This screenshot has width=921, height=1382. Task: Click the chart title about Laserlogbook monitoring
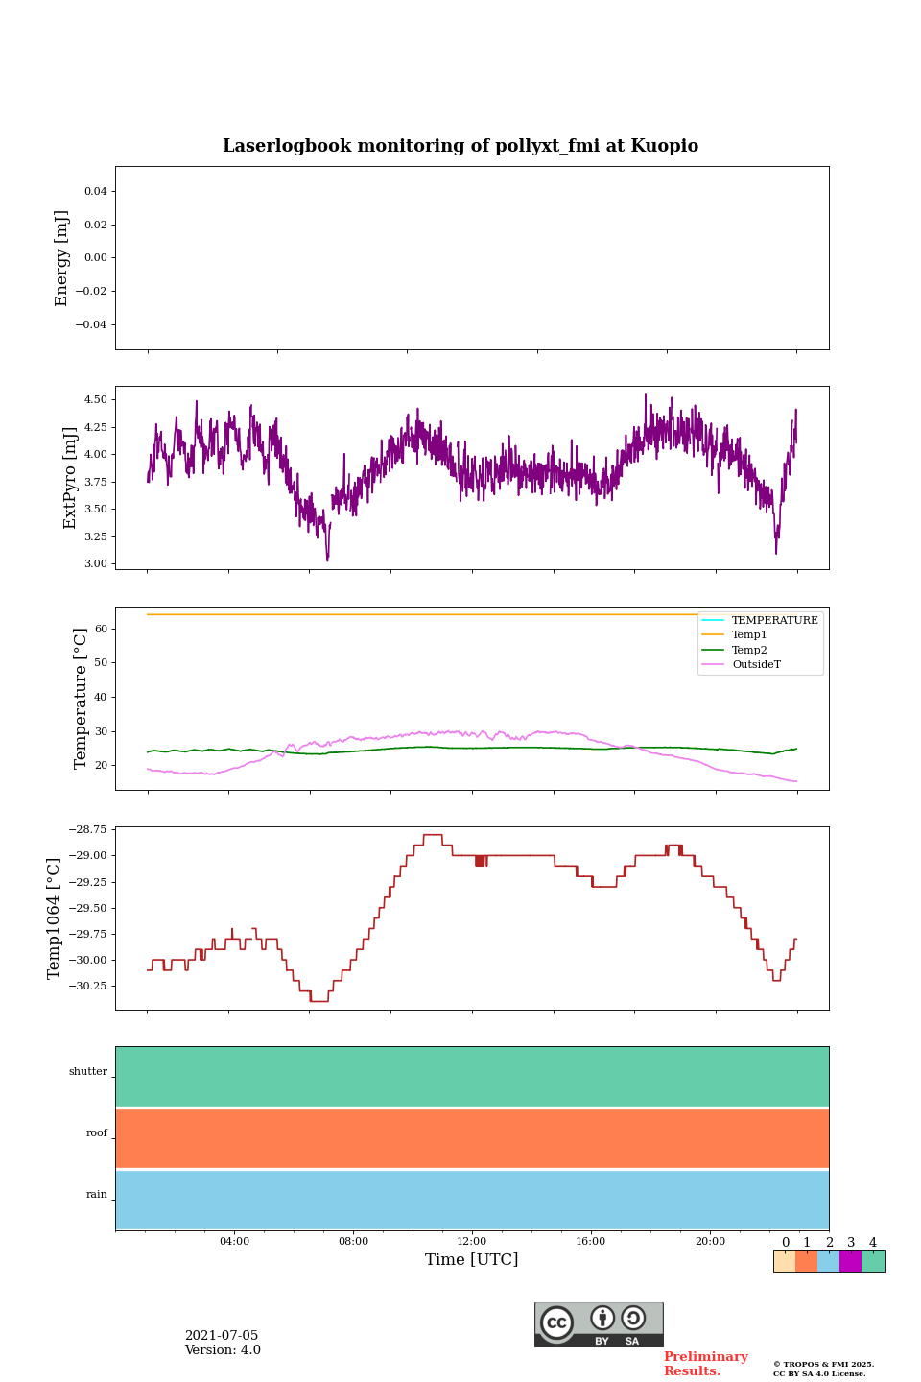point(460,146)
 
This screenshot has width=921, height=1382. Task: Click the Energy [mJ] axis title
point(62,258)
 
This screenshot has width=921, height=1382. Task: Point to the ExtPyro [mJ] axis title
point(70,478)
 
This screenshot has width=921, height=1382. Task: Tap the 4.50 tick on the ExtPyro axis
point(97,399)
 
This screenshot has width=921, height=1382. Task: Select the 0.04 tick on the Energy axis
point(95,192)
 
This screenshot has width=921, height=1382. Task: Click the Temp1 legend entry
point(749,635)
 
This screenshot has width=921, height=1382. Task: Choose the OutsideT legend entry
point(756,665)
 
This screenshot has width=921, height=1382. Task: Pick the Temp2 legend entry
point(749,651)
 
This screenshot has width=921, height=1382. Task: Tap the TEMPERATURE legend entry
point(774,621)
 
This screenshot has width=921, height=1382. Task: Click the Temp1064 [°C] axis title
point(55,918)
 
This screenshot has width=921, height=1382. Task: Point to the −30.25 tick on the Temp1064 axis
point(85,987)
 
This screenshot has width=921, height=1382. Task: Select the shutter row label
point(88,1072)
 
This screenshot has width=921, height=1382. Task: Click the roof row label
point(97,1133)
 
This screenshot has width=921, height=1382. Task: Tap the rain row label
point(97,1195)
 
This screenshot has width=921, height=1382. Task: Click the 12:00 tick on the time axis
point(472,1242)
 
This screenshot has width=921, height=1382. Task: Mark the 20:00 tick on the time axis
point(710,1242)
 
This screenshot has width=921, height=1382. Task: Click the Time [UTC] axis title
point(472,1260)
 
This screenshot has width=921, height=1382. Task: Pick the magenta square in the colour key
point(850,1261)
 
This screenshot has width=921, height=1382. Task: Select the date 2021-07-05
point(222,1336)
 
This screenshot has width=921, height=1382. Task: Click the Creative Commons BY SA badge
point(599,1324)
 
